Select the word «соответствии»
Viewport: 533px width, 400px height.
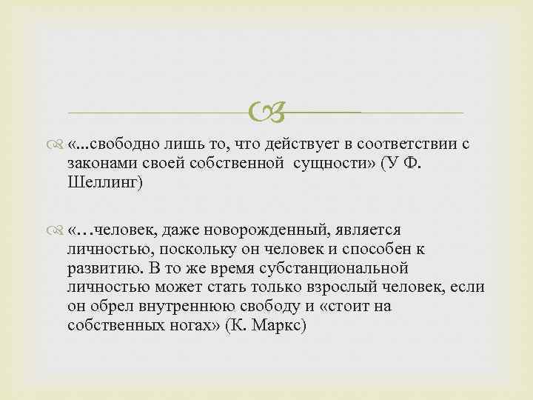402,143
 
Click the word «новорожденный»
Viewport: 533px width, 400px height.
251,230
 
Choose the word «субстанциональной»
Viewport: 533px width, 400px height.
338,269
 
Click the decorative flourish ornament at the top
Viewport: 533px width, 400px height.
265,113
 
